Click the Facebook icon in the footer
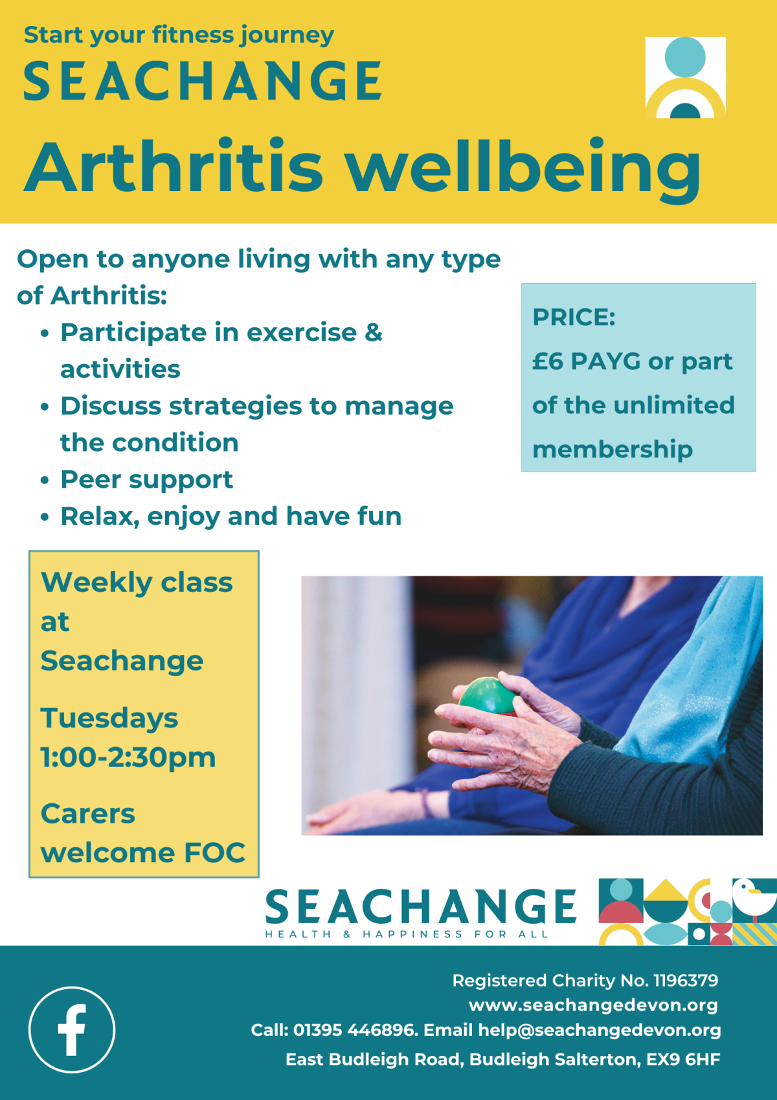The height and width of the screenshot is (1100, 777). click(72, 1030)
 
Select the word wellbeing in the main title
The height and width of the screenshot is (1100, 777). click(524, 170)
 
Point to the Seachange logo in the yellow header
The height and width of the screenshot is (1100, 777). click(685, 77)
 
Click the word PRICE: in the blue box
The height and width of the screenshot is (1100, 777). click(574, 317)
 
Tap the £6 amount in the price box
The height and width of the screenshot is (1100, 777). click(548, 361)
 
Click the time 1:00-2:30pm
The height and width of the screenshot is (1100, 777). click(128, 757)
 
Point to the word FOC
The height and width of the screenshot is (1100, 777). click(214, 853)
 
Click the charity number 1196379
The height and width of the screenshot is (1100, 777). click(686, 981)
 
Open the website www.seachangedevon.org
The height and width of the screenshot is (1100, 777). click(593, 1005)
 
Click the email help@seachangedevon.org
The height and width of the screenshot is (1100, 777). click(600, 1031)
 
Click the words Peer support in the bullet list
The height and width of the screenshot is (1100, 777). click(147, 480)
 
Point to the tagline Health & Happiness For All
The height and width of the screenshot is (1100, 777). click(407, 934)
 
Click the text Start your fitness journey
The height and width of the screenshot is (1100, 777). click(179, 36)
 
